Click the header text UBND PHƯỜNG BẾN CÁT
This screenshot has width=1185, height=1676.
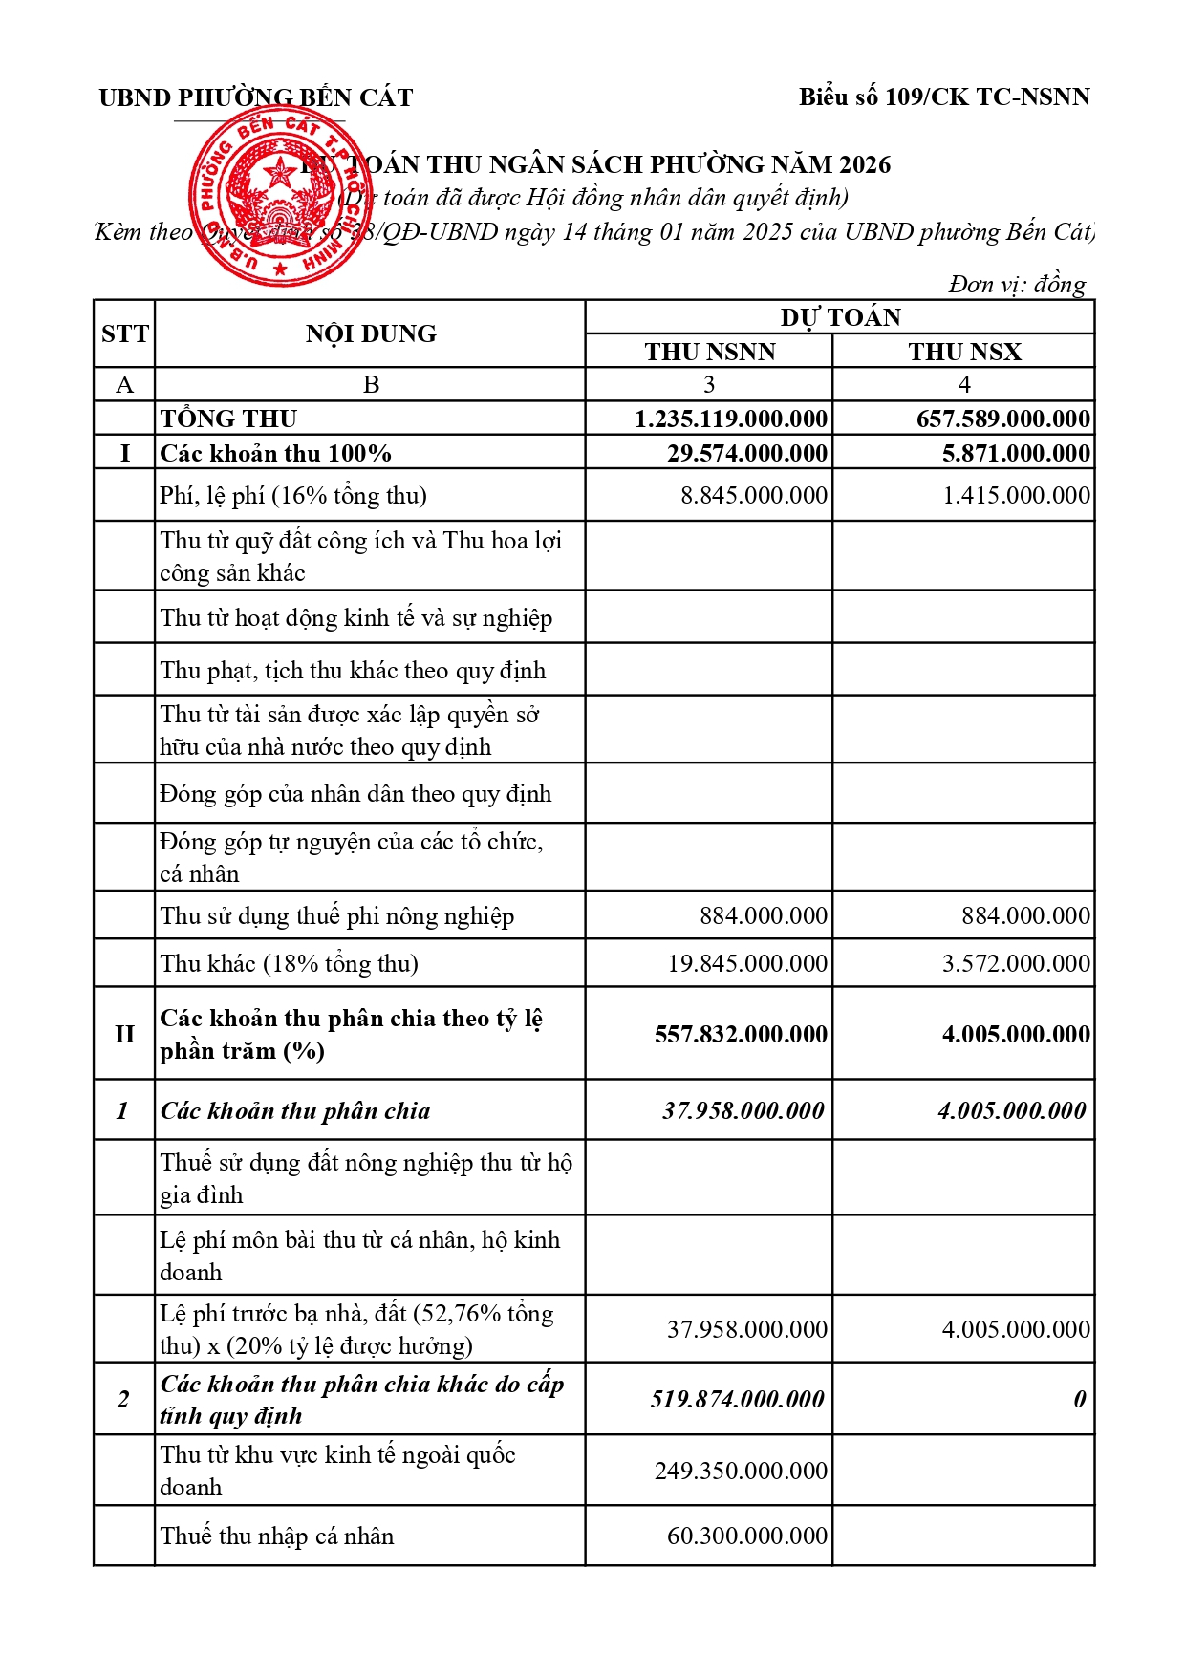point(255,97)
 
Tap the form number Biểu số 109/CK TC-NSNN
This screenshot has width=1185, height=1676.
point(944,97)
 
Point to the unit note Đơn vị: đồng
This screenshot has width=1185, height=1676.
point(1017,284)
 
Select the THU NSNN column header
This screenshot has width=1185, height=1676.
point(709,352)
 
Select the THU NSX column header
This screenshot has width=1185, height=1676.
point(964,352)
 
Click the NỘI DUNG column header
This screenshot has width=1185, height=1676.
point(371,333)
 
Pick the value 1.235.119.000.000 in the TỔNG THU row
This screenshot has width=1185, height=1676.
point(731,419)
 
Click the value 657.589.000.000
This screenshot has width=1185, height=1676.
point(1002,419)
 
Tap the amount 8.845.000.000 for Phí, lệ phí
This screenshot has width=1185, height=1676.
point(754,495)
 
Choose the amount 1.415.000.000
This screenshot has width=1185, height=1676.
point(1016,495)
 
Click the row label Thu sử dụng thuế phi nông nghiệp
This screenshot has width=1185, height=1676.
point(337,915)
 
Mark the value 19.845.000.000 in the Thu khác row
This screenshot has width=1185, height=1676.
point(747,963)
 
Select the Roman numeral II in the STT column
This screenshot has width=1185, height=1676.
point(124,1034)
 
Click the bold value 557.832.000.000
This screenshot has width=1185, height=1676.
point(741,1034)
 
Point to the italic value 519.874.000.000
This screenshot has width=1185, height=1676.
point(737,1399)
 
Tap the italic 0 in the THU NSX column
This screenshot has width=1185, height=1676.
point(1079,1399)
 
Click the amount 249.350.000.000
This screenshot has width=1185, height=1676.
point(741,1471)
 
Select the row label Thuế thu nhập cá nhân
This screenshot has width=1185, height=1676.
point(277,1536)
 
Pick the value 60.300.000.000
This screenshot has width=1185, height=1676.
point(747,1536)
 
